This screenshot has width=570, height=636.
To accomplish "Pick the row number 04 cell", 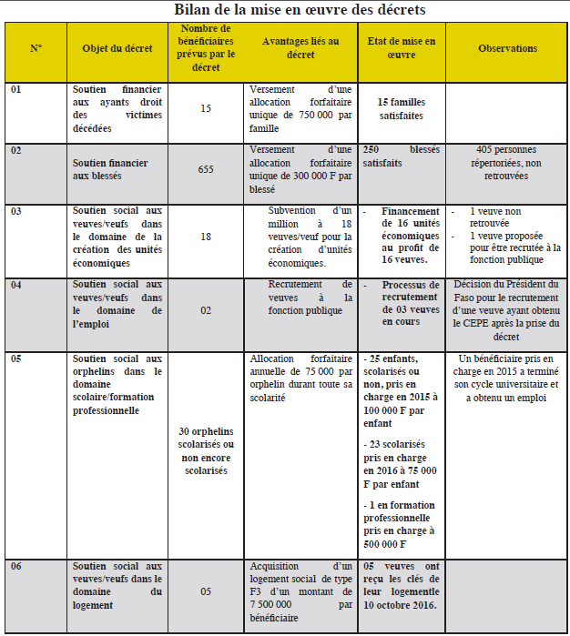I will [17, 285].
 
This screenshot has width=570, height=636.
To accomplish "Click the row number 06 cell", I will [17, 566].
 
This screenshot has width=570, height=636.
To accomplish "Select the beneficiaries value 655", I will [206, 168].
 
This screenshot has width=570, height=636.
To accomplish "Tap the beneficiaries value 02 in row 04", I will [206, 310].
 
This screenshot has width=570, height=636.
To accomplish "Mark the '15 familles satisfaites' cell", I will [401, 109].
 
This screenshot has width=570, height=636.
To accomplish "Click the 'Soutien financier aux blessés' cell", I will [117, 168].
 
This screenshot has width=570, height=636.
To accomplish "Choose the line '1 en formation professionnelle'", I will [401, 511].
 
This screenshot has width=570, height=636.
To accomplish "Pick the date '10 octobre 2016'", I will [401, 604].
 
